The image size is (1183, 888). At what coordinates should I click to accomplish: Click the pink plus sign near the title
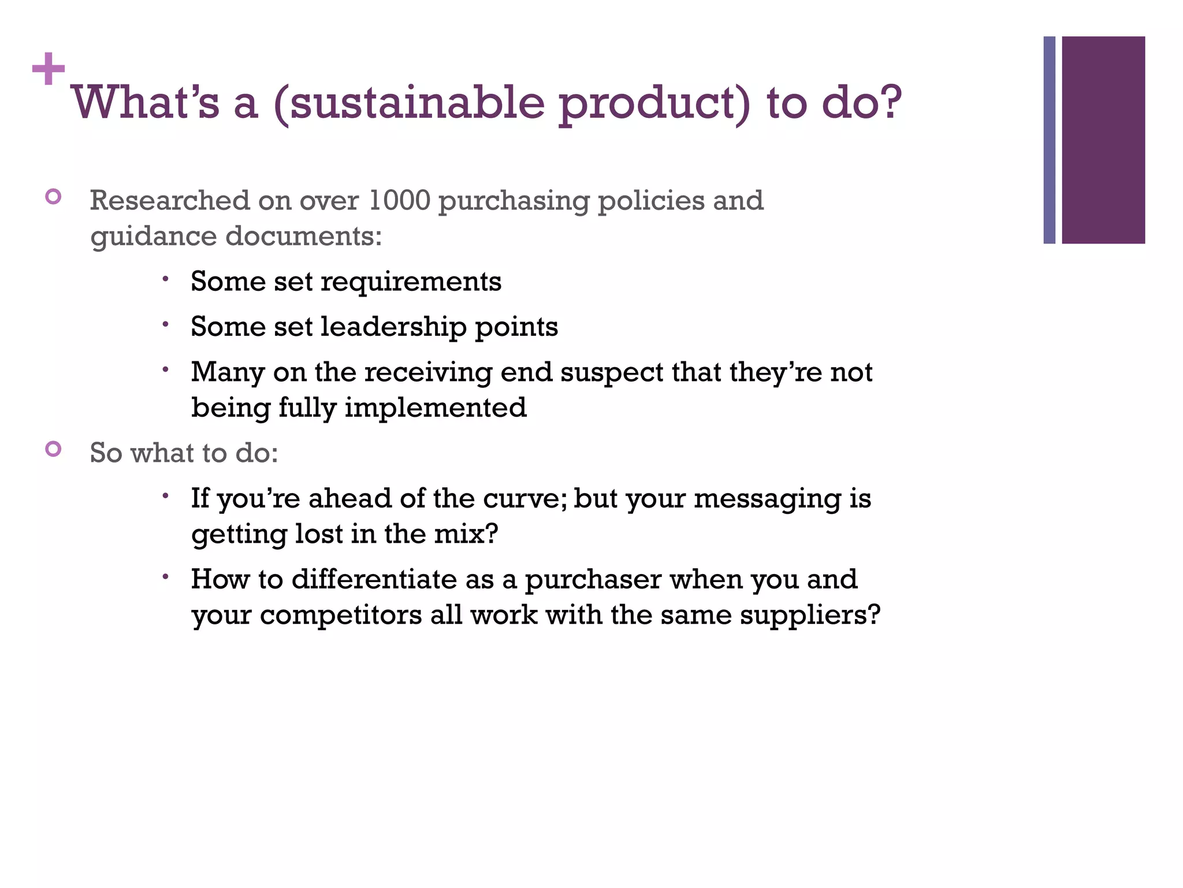[x=49, y=69]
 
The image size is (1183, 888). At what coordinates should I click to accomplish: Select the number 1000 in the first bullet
[x=399, y=201]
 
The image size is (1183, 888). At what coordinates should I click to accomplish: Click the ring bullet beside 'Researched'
[x=53, y=197]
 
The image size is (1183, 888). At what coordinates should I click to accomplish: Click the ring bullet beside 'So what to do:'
[x=53, y=449]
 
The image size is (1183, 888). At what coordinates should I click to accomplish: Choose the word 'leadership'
[x=393, y=327]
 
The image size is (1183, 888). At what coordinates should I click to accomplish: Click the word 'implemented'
[x=436, y=408]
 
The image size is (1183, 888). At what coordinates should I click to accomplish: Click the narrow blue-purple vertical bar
[x=1049, y=140]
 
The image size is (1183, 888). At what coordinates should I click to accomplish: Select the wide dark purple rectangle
[x=1103, y=140]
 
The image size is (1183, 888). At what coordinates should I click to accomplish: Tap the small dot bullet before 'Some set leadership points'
[x=165, y=324]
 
